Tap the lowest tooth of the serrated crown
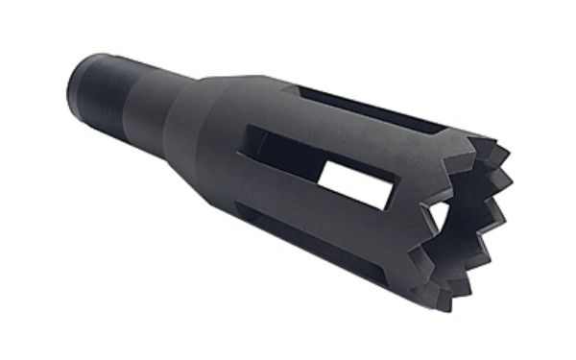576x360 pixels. [444, 307]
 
